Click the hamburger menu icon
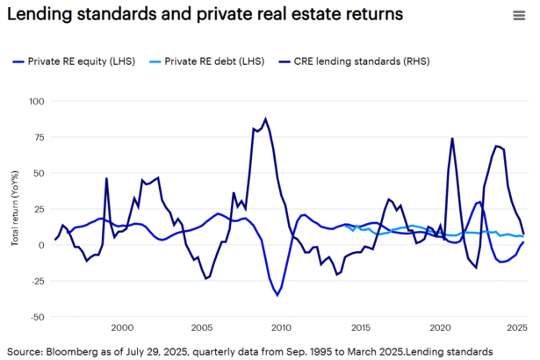519,15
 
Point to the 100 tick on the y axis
36,102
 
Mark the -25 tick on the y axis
37,281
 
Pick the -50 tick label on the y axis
37,317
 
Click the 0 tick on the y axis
41,245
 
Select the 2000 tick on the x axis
122,328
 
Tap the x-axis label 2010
281,328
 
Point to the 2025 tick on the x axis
517,328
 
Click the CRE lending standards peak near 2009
265,119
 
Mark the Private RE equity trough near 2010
277,295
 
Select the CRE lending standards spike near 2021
452,138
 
